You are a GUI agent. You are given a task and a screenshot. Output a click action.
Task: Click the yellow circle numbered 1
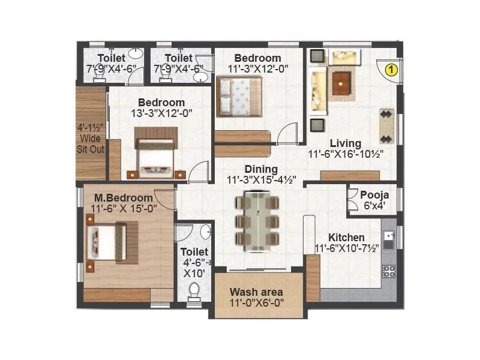tap(391, 69)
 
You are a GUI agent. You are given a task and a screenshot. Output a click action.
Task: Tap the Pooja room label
tap(374, 195)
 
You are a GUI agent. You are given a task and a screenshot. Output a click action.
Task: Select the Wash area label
tap(257, 292)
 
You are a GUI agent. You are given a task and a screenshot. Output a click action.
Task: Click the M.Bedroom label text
tap(123, 198)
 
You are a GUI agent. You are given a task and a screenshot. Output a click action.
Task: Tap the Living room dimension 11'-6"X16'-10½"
tap(346, 154)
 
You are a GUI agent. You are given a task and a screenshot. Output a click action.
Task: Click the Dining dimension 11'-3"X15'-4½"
tap(260, 179)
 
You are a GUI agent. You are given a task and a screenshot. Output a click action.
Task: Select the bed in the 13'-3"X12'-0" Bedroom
tap(155, 154)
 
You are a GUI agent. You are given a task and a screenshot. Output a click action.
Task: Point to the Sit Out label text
tap(91, 149)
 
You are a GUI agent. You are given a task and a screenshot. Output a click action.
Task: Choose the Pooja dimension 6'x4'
tap(374, 206)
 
